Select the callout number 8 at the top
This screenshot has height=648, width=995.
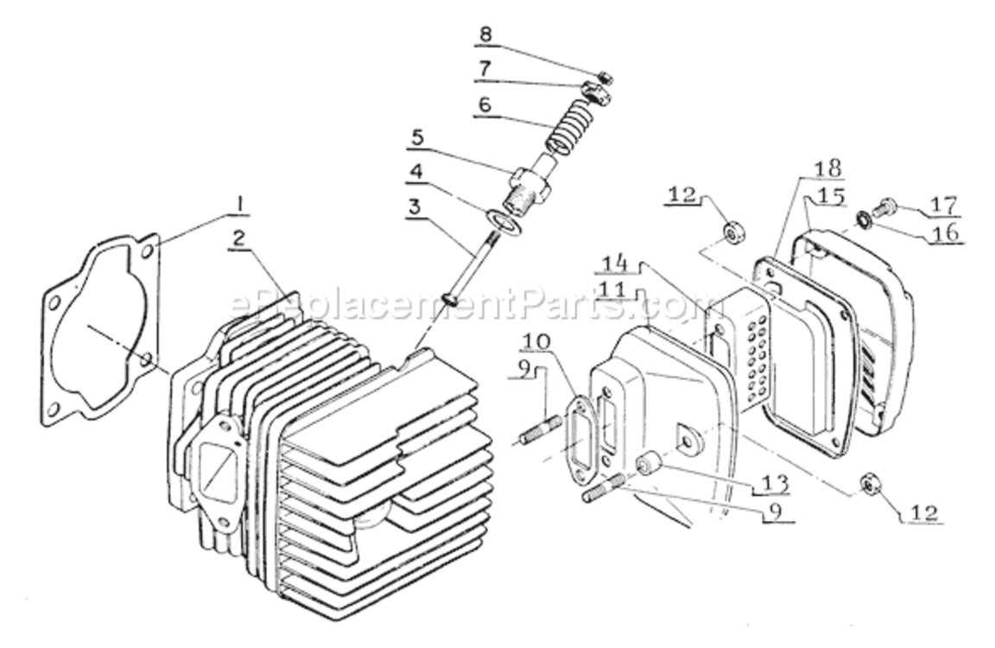coord(486,35)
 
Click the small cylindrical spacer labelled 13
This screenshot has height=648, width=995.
coord(650,467)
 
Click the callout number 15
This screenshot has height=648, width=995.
coord(831,197)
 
